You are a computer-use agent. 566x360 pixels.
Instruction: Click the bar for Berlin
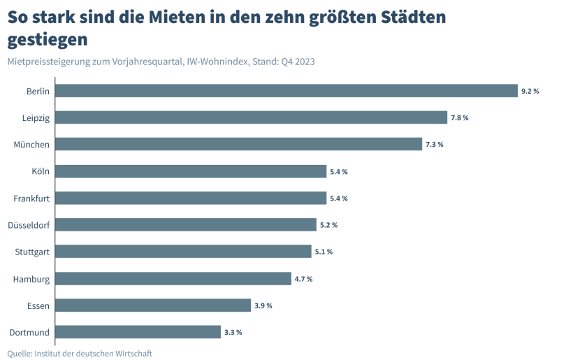(x=286, y=91)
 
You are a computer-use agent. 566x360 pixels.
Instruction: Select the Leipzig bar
(x=251, y=117)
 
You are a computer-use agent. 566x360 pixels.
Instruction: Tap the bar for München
(x=238, y=144)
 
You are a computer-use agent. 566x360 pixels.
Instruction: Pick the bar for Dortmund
(x=138, y=332)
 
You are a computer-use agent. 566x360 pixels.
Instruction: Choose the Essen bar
(x=153, y=305)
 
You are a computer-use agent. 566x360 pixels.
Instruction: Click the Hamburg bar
(x=173, y=279)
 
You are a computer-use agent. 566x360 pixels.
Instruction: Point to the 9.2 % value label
(x=530, y=92)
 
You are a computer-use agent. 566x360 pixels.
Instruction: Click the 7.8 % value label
(x=459, y=118)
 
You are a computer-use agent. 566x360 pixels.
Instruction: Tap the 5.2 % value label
(x=328, y=225)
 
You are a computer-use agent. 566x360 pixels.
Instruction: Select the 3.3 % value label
(x=233, y=333)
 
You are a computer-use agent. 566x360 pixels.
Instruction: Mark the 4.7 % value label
(x=303, y=279)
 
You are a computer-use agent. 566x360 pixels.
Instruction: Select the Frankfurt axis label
(x=31, y=199)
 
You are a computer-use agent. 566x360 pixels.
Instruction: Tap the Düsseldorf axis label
(x=29, y=225)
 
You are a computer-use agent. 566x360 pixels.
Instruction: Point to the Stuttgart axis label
(x=32, y=252)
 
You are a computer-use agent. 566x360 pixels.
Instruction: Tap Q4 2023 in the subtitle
(x=298, y=62)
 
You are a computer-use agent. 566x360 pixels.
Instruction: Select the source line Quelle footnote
(x=80, y=353)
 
